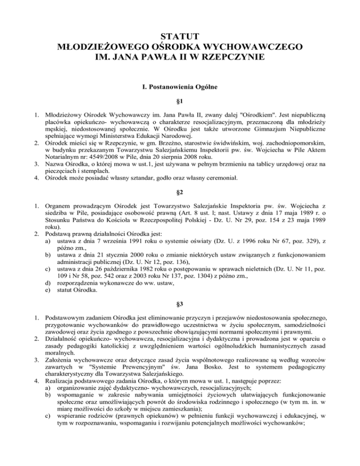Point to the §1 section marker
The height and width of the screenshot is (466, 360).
[180, 102]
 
